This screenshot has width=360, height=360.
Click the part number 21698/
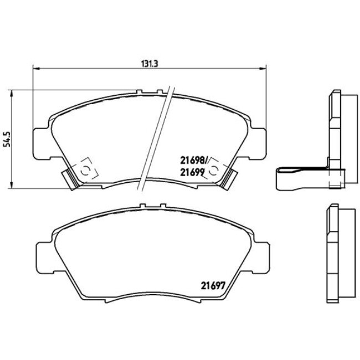[193, 160]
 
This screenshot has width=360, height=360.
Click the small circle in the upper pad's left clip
[85, 170]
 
